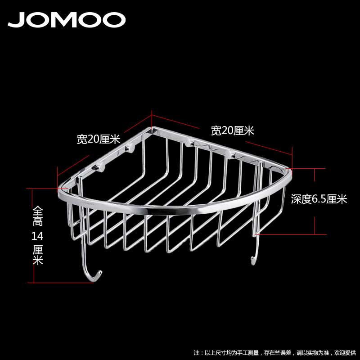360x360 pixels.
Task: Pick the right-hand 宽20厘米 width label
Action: point(233,131)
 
